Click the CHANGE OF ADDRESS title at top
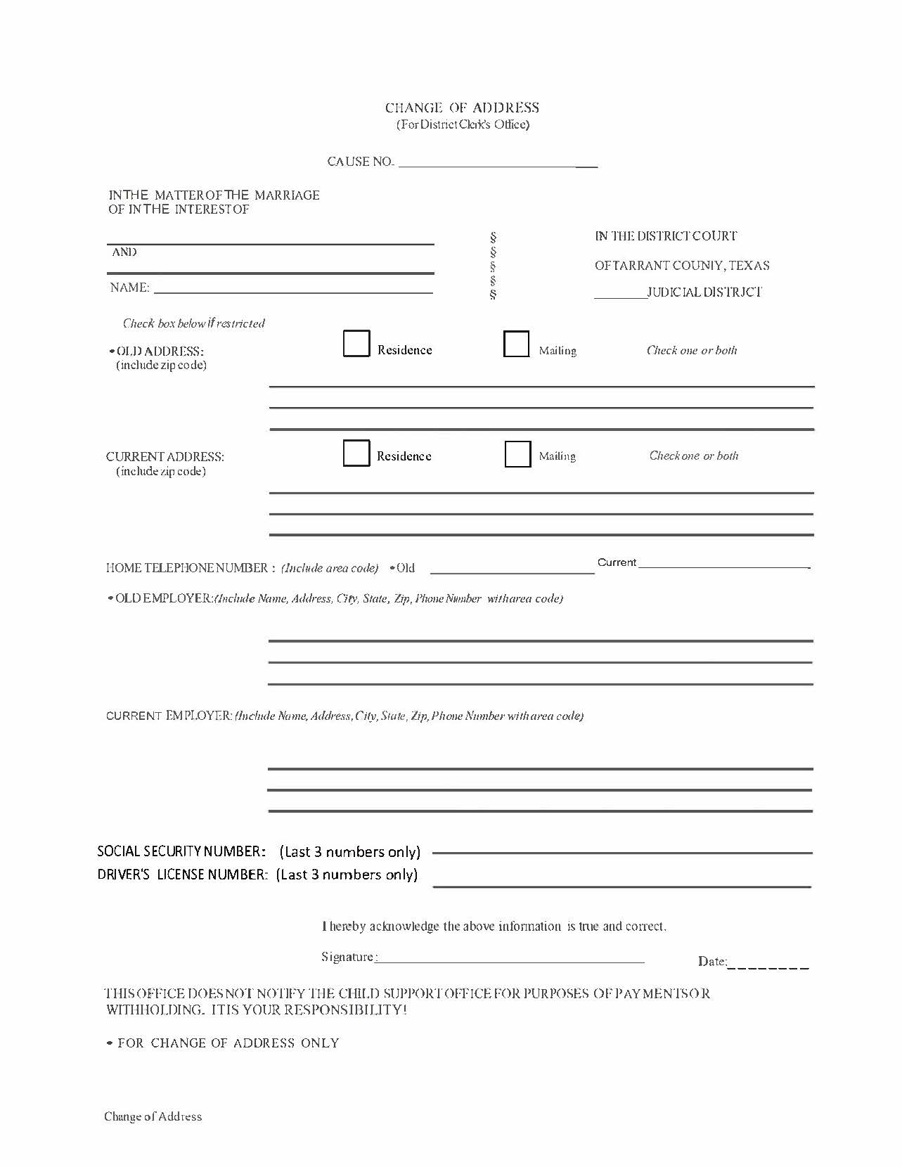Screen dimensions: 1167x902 click(462, 108)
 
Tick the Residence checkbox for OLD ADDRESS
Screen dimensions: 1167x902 click(356, 344)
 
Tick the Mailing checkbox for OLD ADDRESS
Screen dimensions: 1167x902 click(516, 344)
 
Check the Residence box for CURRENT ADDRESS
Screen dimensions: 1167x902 click(356, 453)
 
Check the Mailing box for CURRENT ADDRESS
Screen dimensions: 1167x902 click(517, 454)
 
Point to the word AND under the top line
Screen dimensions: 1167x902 click(124, 252)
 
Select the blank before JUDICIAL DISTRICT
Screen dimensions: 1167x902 click(620, 293)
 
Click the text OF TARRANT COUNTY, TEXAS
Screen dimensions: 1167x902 click(682, 266)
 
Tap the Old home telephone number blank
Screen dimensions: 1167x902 click(512, 568)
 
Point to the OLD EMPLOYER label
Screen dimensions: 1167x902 click(161, 598)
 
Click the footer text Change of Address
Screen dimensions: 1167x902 click(153, 1116)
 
